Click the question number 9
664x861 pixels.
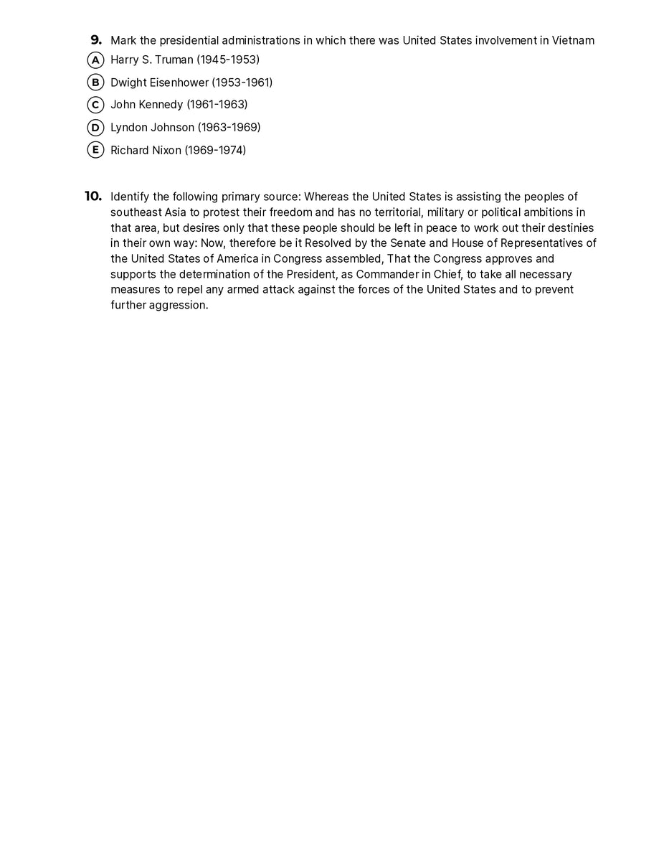pos(96,40)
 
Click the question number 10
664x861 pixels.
pos(93,197)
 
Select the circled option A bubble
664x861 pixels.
pos(95,60)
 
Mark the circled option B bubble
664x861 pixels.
pos(95,83)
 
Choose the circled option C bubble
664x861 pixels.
pos(95,105)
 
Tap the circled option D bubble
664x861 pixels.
pos(95,128)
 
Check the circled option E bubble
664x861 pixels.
pos(95,150)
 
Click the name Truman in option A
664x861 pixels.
pos(174,60)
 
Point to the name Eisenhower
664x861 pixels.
pos(179,83)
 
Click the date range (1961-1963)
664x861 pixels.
pos(217,105)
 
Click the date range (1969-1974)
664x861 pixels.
pos(215,151)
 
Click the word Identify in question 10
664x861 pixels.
pos(130,197)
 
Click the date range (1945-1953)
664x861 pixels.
pos(228,60)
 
